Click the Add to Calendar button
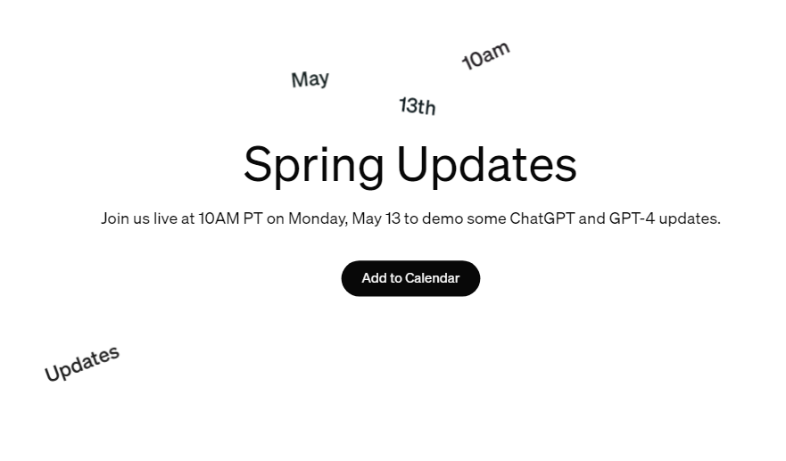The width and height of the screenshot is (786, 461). click(x=410, y=278)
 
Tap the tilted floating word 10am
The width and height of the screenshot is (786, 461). click(x=485, y=55)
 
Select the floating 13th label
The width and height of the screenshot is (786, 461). click(x=418, y=106)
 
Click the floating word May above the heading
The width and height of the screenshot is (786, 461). click(x=310, y=79)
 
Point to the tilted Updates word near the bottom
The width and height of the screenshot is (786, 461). click(x=82, y=364)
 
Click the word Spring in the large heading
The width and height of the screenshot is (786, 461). click(x=314, y=165)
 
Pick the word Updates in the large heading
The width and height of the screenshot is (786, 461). click(x=487, y=164)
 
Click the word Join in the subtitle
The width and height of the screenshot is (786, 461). click(x=115, y=218)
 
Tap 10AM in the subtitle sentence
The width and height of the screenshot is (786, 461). click(x=219, y=218)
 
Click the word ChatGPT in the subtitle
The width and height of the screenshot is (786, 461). click(x=542, y=218)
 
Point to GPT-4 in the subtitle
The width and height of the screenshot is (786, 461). click(x=632, y=218)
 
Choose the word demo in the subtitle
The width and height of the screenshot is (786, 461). click(x=443, y=218)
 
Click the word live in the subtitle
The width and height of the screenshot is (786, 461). click(x=165, y=218)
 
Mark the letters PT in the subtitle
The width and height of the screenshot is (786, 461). click(x=253, y=218)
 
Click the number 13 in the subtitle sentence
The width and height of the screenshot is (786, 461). click(x=393, y=218)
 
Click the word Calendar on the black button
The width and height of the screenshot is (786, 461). click(x=433, y=278)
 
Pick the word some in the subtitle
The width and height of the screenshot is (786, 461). click(x=486, y=219)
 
